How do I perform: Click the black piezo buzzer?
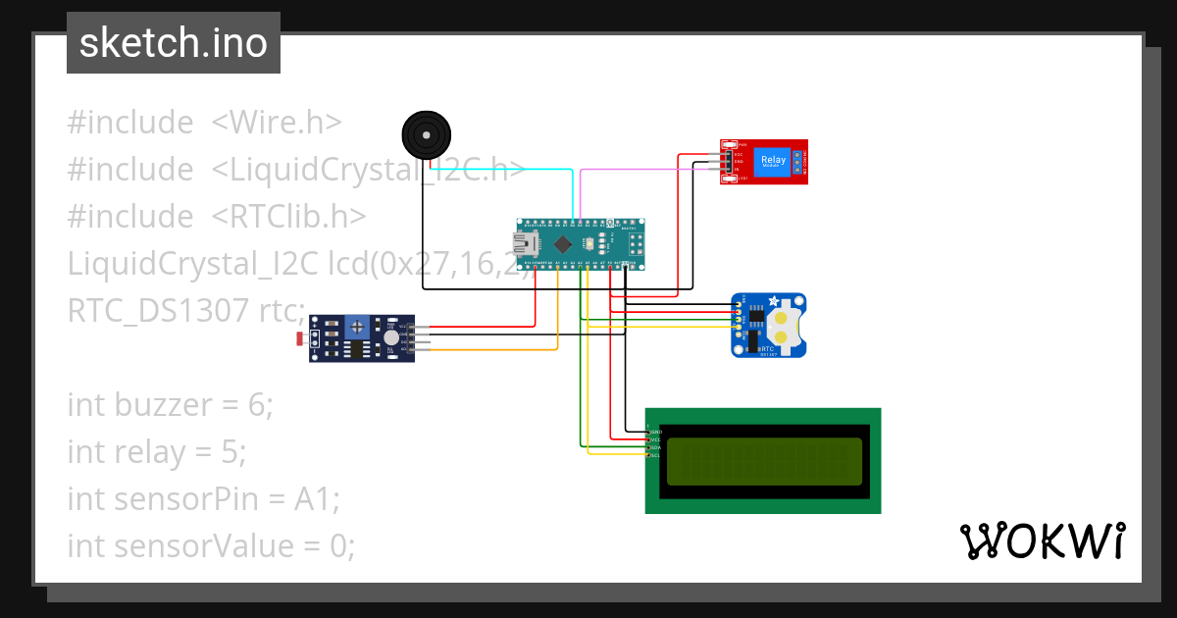[427, 133]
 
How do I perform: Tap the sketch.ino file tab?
[174, 43]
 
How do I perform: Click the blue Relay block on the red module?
[773, 160]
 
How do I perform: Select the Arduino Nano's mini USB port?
[529, 242]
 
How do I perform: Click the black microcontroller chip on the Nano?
[563, 243]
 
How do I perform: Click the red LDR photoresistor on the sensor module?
[300, 339]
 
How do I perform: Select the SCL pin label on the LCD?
[654, 455]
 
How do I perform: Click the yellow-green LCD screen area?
[764, 462]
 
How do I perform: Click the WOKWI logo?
[1042, 541]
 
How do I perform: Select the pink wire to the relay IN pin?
[647, 169]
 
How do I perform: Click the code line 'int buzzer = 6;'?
[170, 404]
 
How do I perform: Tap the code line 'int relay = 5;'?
[156, 451]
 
